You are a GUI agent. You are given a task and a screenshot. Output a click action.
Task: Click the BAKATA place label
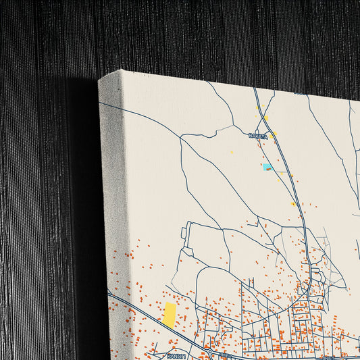pos(258,136)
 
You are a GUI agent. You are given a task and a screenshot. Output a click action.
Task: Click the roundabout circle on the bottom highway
pos(210,353)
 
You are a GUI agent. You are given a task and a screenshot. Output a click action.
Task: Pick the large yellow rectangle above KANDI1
pos(169,315)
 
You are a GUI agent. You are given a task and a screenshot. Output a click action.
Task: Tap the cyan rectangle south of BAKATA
pos(267,167)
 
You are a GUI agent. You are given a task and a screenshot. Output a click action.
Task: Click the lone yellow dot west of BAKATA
pos(232,152)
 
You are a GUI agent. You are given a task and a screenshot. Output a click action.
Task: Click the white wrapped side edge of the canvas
pos(112,203)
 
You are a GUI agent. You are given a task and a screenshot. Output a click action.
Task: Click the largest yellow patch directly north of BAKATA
pos(266,118)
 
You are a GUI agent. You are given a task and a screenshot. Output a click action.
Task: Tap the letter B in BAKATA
pos(250,136)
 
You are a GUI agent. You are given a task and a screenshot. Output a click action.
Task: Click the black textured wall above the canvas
pos(203,34)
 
